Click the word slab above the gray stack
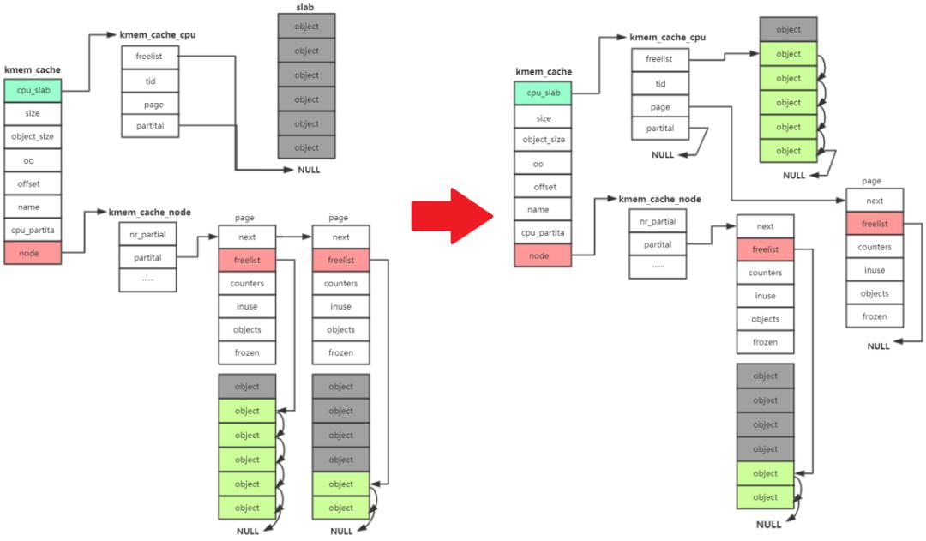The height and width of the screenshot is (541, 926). pyautogui.click(x=304, y=7)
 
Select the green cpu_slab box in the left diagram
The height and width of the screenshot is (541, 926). pyautogui.click(x=33, y=90)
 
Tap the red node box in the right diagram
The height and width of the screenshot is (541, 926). pyautogui.click(x=543, y=255)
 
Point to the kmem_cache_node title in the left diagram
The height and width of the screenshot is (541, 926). pyautogui.click(x=149, y=212)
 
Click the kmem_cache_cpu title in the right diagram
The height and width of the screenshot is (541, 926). pyautogui.click(x=667, y=37)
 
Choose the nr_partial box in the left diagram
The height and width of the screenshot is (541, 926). pyautogui.click(x=147, y=234)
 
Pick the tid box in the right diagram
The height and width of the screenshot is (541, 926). pyautogui.click(x=660, y=83)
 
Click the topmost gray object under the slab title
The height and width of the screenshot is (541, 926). pyautogui.click(x=306, y=27)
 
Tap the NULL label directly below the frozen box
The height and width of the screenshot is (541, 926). pyautogui.click(x=878, y=346)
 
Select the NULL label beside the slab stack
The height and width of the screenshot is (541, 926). pyautogui.click(x=309, y=170)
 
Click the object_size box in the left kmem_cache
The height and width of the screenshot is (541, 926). pyautogui.click(x=33, y=136)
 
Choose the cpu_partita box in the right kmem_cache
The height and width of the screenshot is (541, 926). pyautogui.click(x=543, y=232)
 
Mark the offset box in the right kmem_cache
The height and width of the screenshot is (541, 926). pyautogui.click(x=543, y=187)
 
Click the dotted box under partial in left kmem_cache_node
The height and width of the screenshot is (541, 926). pyautogui.click(x=147, y=280)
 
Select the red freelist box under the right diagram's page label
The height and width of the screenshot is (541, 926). pyautogui.click(x=875, y=224)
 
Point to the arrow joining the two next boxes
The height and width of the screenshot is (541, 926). pyautogui.click(x=293, y=237)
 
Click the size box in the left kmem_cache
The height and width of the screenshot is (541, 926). pyautogui.click(x=33, y=113)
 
